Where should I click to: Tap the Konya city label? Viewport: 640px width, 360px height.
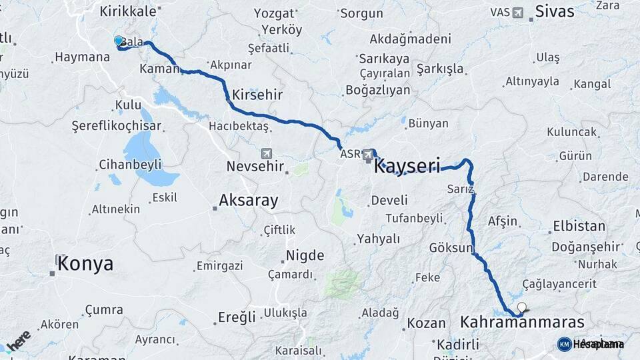85,264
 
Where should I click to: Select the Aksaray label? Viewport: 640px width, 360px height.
248,201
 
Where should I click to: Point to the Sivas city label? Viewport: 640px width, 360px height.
555,12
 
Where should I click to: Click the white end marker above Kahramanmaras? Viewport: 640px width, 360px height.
521,308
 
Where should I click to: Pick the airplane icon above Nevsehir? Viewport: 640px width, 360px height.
267,153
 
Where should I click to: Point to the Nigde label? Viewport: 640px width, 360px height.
305,255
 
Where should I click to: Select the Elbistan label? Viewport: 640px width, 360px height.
578,227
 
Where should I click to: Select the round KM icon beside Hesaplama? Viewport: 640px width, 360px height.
564,344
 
